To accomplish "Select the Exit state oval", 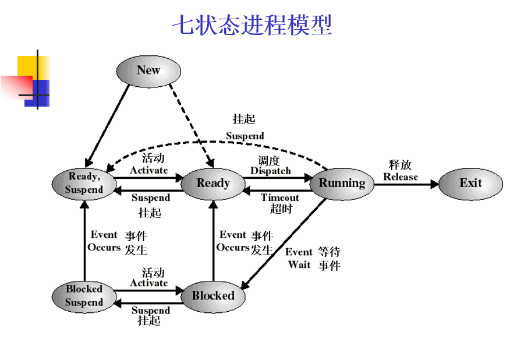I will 470,184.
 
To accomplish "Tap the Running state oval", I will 342,184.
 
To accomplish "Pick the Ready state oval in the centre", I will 212,184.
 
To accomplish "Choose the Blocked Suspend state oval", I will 84,296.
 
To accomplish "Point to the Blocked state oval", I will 212,296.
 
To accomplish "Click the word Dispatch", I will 270,171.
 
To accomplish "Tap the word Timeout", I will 279,198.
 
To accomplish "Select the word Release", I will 401,177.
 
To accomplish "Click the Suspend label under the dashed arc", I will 245,136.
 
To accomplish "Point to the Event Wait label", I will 299,259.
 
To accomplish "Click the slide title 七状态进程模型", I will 252,26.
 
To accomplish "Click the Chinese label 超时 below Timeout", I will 281,209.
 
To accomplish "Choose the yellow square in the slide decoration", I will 27,65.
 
